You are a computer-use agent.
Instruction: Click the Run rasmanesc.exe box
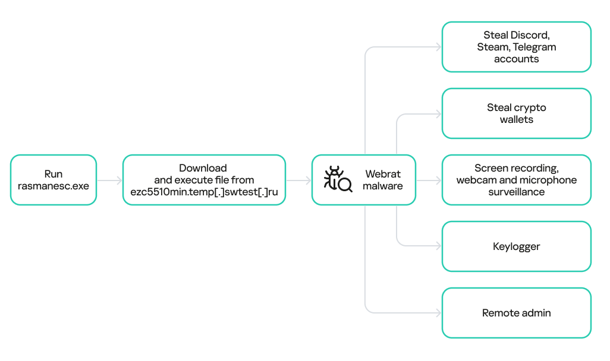[54, 180]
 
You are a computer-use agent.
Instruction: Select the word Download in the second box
[203, 168]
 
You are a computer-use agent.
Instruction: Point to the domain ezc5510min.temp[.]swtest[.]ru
[204, 192]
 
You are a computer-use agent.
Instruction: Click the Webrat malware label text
[383, 180]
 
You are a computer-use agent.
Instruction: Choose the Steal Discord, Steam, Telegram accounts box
[516, 47]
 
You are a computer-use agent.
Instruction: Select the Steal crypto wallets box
[516, 113]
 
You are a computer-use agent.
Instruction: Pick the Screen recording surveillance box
[516, 180]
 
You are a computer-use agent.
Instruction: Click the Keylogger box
[516, 246]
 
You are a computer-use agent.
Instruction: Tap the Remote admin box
[516, 313]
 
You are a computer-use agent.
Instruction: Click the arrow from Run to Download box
[109, 180]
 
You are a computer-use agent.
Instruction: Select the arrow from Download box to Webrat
[298, 180]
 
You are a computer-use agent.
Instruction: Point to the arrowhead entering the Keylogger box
[439, 246]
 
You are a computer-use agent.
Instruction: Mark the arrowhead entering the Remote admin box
[439, 313]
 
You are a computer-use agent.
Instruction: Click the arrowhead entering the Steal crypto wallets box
[439, 113]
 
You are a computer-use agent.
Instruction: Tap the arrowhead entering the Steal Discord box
[439, 47]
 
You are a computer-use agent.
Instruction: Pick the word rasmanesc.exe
[54, 186]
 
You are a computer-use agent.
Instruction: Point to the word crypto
[530, 107]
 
